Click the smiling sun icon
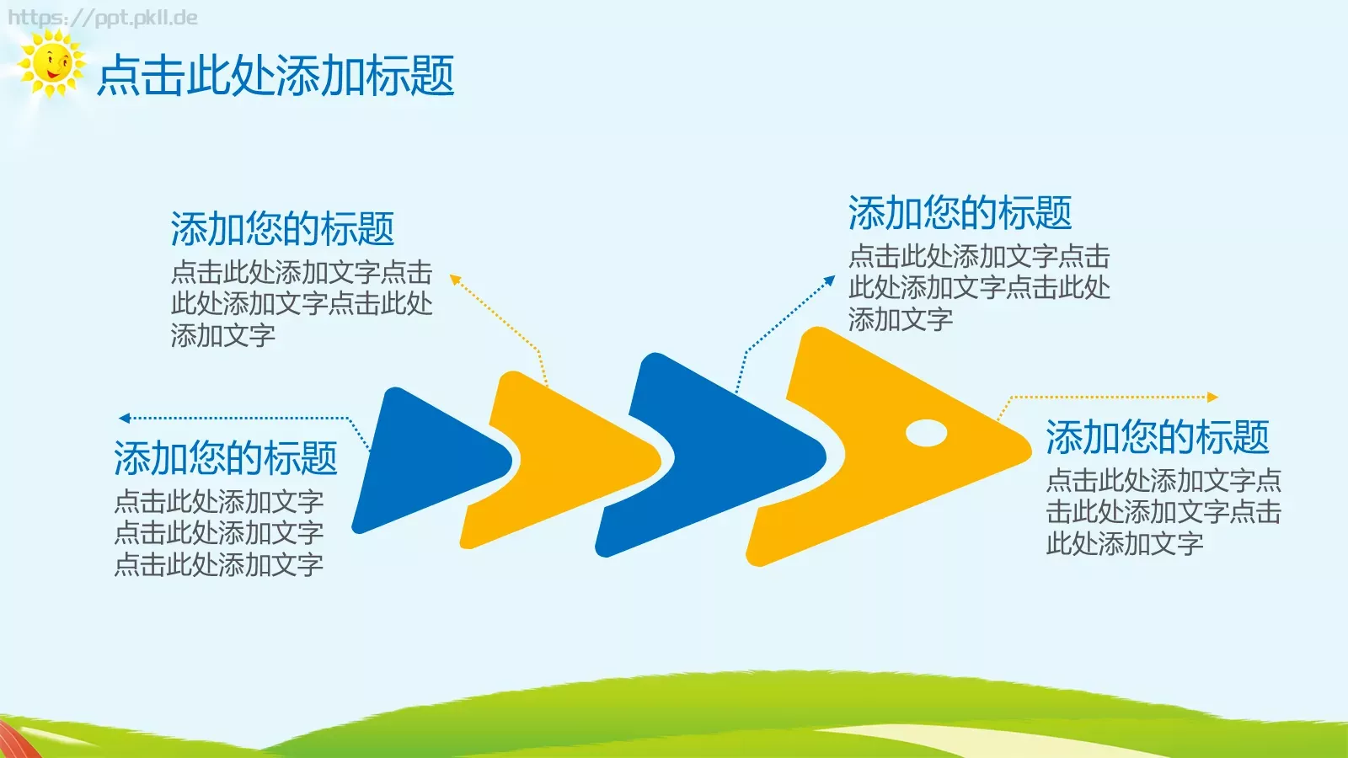51,63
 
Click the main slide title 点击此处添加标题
275,76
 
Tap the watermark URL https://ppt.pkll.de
102,18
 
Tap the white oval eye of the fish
926,433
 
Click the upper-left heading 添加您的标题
282,228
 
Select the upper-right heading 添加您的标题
960,212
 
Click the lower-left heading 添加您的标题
225,458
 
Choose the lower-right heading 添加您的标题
1157,437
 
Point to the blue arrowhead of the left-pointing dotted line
124,418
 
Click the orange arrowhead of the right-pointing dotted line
1213,397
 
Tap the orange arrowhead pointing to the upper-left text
455,279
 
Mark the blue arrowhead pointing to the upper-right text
830,280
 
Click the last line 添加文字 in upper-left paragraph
222,335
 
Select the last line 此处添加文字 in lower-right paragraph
1124,543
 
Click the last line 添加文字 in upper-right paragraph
900,319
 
